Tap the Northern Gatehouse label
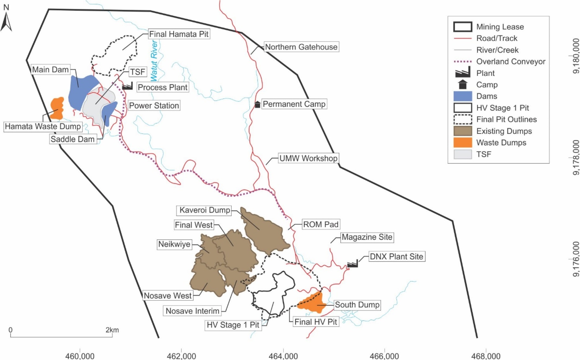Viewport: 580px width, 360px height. click(x=301, y=47)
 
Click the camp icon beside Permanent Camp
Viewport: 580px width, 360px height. click(x=257, y=105)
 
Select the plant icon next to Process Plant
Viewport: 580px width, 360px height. click(x=127, y=86)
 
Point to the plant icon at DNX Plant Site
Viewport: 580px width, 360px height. click(x=352, y=264)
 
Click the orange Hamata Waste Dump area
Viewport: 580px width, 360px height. click(x=57, y=108)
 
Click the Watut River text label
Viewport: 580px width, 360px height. click(x=154, y=61)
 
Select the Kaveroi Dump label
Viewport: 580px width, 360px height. click(x=204, y=210)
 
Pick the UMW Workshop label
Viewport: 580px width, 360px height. click(x=308, y=158)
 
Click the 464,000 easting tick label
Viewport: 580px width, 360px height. click(x=283, y=356)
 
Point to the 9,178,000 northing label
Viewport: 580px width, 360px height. click(x=576, y=158)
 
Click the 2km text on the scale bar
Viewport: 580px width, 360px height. click(x=112, y=330)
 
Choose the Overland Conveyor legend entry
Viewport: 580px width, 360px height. click(x=510, y=62)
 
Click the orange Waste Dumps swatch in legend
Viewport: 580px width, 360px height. click(x=462, y=143)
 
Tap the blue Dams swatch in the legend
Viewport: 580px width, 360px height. click(x=462, y=96)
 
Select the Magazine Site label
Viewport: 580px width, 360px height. click(x=367, y=237)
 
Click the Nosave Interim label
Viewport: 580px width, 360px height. click(x=192, y=311)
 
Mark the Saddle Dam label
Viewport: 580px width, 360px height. click(x=72, y=139)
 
